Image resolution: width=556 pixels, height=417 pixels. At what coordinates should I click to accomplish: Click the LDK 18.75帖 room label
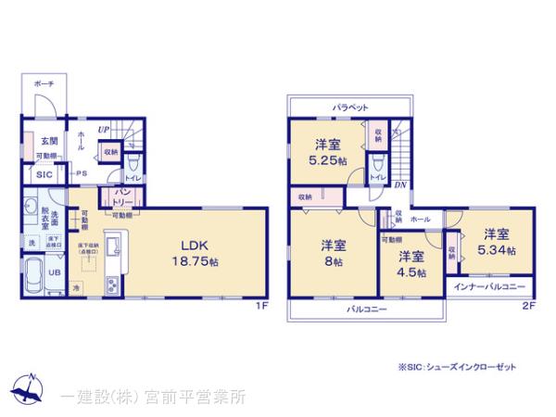(198, 253)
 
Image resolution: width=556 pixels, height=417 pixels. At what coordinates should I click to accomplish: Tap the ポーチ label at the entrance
(44, 82)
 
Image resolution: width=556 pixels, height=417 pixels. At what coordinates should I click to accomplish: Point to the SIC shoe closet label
(44, 173)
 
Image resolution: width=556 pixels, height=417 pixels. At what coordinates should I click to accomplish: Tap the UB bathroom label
(54, 272)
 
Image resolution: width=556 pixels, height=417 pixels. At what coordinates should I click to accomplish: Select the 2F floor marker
(528, 306)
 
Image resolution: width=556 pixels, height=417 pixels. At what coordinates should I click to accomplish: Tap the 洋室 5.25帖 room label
(327, 152)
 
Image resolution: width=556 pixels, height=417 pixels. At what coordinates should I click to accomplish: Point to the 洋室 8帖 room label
(334, 253)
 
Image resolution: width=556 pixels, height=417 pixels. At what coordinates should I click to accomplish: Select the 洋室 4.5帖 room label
(411, 264)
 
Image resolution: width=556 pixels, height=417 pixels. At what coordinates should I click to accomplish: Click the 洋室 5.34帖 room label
(496, 242)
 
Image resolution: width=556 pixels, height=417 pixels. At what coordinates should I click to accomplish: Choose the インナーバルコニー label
(489, 287)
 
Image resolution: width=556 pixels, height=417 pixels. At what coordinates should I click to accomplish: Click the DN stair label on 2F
(399, 184)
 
